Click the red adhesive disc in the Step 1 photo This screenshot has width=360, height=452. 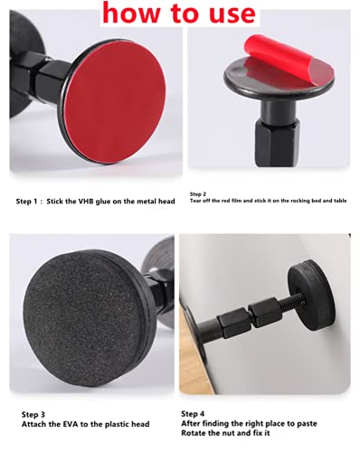pyautogui.click(x=116, y=101)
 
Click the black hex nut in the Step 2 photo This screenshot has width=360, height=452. pyautogui.click(x=277, y=141)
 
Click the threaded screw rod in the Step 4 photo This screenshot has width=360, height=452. pyautogui.click(x=289, y=302)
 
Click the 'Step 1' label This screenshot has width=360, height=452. pyautogui.click(x=27, y=202)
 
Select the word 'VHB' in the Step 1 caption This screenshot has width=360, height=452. pyautogui.click(x=86, y=202)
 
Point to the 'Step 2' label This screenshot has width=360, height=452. pyautogui.click(x=198, y=194)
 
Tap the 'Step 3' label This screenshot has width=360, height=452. pyautogui.click(x=33, y=415)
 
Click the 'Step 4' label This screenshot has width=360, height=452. pyautogui.click(x=193, y=414)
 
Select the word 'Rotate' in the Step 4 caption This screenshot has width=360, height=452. pyautogui.click(x=192, y=433)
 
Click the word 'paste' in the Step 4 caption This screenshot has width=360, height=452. pyautogui.click(x=307, y=424)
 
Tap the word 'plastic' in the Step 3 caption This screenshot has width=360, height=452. pyautogui.click(x=115, y=425)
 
